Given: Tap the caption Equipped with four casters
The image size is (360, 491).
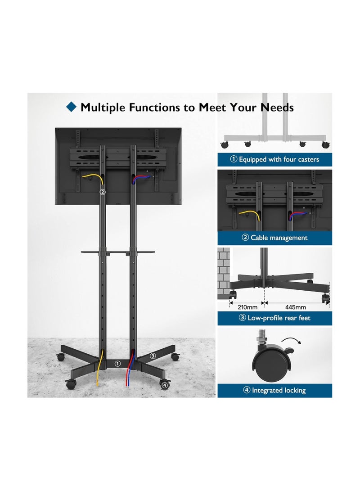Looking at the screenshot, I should (274, 159).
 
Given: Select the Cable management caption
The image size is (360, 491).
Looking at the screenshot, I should (274, 238).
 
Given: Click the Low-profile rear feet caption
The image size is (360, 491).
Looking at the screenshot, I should (274, 318).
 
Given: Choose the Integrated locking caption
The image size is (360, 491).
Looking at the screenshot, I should (274, 390).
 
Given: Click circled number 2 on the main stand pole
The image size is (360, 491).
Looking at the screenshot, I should (103, 192).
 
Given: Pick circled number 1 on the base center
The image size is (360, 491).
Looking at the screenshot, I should (117, 363).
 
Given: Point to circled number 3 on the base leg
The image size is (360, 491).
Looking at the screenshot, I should (153, 356).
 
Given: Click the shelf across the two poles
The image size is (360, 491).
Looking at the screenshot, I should (118, 252).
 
